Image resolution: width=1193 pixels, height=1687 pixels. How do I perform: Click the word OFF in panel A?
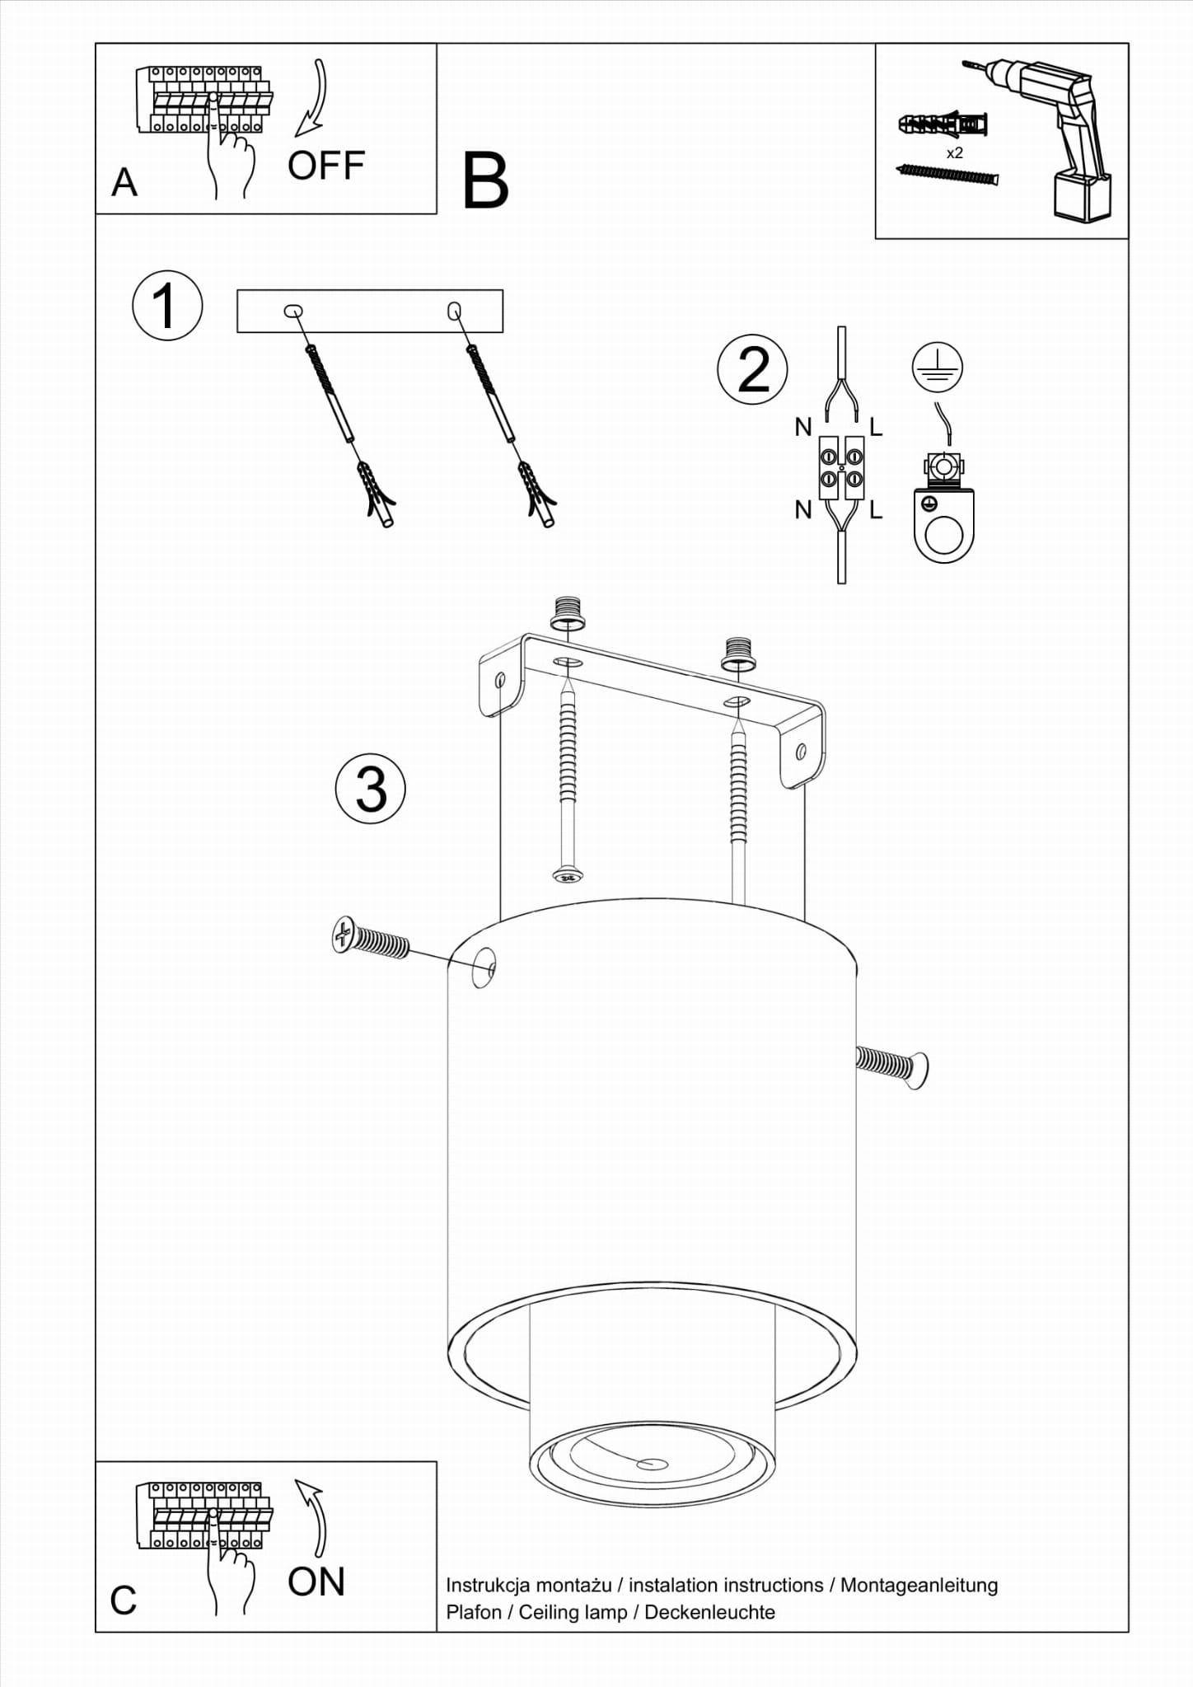click(326, 166)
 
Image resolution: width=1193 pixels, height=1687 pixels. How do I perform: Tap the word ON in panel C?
click(316, 1582)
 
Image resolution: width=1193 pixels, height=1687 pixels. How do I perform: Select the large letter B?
click(485, 181)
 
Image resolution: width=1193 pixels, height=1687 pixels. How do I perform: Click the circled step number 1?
click(167, 305)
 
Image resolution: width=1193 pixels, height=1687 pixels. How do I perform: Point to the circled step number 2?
click(753, 369)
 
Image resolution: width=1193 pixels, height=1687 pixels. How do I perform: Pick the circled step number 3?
click(371, 789)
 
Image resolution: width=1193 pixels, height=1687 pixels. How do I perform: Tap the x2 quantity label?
click(955, 153)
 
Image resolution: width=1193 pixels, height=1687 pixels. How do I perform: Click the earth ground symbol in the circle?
click(938, 367)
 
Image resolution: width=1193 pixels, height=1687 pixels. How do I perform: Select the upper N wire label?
click(803, 427)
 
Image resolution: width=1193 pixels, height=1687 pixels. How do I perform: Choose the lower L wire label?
click(876, 511)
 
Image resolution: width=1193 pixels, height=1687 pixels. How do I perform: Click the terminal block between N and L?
click(841, 467)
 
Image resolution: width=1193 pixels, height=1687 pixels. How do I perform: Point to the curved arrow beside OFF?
click(313, 97)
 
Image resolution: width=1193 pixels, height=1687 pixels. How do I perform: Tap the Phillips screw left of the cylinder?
click(371, 940)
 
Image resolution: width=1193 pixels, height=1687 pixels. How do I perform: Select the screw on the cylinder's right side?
click(892, 1067)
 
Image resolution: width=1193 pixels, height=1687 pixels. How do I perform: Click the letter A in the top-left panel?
click(124, 183)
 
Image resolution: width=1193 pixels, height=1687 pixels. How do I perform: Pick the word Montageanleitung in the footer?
click(919, 1586)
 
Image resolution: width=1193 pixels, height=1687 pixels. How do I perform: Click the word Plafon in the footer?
click(474, 1612)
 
